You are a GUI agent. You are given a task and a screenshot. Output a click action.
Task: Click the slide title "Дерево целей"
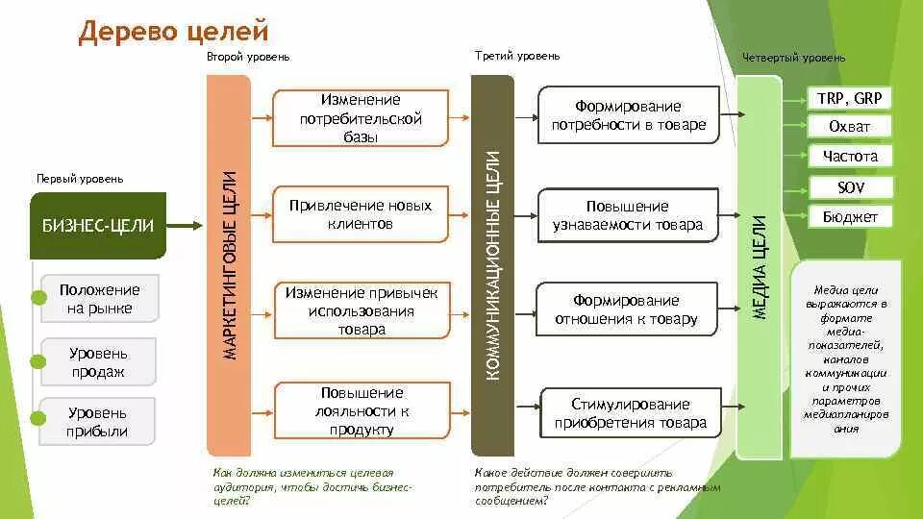pos(173,32)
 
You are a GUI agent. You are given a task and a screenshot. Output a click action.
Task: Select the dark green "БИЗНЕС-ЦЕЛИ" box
pos(98,226)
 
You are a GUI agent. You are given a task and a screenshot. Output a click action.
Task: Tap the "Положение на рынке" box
pos(98,299)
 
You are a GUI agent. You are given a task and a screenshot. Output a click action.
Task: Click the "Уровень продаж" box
pos(98,362)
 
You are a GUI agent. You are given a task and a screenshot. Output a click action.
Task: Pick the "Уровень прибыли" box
pos(98,422)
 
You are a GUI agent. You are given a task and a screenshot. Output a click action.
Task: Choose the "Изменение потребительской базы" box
pos(362,118)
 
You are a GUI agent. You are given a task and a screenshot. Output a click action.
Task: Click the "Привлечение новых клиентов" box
pos(362,214)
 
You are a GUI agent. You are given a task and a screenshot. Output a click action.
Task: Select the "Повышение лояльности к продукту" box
pos(362,410)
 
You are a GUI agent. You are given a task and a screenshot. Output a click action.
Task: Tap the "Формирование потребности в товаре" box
pos(628,115)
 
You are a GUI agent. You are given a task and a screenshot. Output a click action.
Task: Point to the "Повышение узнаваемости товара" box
pos(628,216)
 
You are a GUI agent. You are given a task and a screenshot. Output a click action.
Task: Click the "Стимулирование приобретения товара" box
pos(631,413)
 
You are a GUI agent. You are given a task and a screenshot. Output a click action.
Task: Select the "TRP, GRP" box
pos(849,98)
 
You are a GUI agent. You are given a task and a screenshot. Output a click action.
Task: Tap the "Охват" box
pos(849,127)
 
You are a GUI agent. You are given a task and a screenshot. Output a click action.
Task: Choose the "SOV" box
pos(850,187)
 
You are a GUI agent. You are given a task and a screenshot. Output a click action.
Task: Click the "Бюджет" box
pos(850,217)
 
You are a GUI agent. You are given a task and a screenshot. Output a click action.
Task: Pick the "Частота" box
pos(850,157)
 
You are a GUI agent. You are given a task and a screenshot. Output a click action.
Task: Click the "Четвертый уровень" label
pos(793,58)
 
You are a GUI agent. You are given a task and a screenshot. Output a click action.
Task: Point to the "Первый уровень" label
pos(80,179)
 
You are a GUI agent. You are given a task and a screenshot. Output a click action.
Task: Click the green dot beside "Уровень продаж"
pos(38,361)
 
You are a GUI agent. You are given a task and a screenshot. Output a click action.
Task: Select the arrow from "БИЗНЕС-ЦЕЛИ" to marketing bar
pos(186,226)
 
